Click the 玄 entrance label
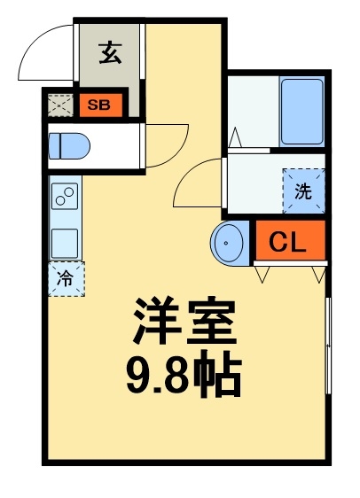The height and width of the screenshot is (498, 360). click(109, 54)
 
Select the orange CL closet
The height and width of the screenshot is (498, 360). click(289, 241)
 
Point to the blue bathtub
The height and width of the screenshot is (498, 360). click(302, 112)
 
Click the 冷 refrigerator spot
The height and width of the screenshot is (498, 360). click(66, 276)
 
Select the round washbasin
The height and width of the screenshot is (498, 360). click(231, 242)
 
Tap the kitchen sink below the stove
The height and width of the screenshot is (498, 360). click(66, 241)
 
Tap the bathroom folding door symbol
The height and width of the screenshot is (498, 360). click(235, 137)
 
